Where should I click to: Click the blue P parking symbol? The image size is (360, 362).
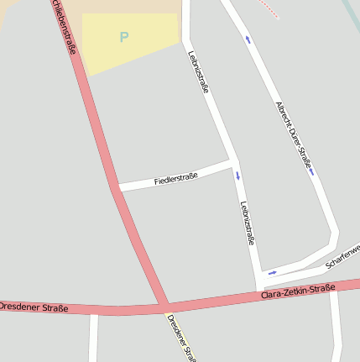[x=124, y=37]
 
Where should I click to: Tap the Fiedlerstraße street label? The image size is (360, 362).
[x=176, y=178]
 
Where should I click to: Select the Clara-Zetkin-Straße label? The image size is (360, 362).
[x=298, y=292]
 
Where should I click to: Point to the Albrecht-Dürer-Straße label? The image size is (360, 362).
[x=294, y=135]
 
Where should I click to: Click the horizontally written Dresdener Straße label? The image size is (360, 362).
[x=34, y=307]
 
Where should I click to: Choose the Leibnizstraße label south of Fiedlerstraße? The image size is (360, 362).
[x=247, y=223]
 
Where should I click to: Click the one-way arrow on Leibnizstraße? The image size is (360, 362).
[x=237, y=176]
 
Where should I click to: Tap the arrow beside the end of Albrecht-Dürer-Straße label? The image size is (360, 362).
[x=312, y=173]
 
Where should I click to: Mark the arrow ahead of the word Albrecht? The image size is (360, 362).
[x=248, y=39]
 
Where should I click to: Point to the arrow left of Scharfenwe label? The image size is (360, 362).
[x=272, y=272]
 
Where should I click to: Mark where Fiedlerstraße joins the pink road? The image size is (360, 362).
[x=117, y=187]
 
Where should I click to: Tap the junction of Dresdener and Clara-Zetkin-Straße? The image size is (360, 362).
[x=164, y=307]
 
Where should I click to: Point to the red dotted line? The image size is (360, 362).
[x=267, y=8]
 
